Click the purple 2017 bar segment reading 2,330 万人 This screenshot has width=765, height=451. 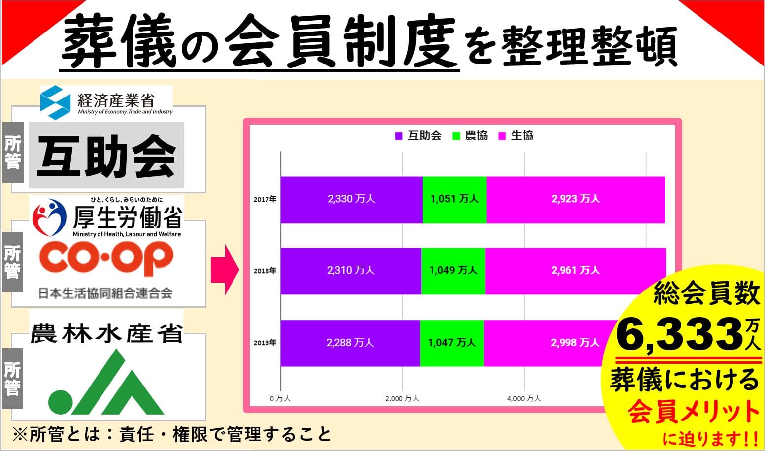tap(352, 200)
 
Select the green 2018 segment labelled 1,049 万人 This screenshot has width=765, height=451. tap(453, 271)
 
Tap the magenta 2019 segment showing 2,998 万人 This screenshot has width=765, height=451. tap(546, 343)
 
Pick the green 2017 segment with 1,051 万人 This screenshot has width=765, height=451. tap(455, 200)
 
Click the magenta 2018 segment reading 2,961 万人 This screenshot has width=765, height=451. tap(575, 271)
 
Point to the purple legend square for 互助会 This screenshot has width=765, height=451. tap(399, 136)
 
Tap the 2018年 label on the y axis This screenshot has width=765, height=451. tap(265, 271)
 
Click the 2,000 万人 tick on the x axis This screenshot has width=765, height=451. tap(402, 398)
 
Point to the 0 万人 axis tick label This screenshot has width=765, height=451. tap(280, 398)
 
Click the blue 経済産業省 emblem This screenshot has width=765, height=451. tap(55, 102)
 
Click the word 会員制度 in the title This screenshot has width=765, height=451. tap(341, 40)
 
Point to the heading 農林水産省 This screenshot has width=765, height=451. tap(106, 333)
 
